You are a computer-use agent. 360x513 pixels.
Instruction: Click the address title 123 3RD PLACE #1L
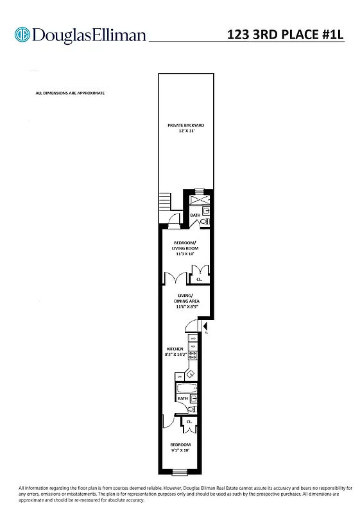pos(286,35)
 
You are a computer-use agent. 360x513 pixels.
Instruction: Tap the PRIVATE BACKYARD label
pos(186,125)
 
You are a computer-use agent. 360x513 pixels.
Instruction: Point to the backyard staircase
pos(167,203)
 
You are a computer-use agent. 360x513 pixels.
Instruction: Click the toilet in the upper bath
pos(204,223)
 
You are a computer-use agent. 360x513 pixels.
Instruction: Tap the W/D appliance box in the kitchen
pos(192,338)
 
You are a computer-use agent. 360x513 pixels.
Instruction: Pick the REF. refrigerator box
pos(192,347)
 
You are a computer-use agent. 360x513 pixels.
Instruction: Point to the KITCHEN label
pos(175,349)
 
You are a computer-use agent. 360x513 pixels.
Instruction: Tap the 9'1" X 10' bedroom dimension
pos(180,450)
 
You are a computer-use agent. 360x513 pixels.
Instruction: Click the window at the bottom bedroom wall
pos(180,473)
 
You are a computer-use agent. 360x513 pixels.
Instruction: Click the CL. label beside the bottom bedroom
pos(189,421)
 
